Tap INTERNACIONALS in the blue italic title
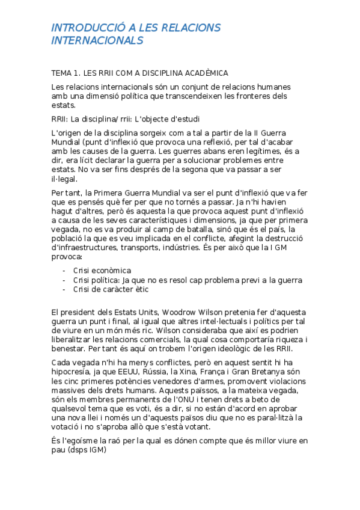[x=97, y=40]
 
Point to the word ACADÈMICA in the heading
[x=203, y=73]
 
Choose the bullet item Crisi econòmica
[x=102, y=271]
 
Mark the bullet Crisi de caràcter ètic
[x=111, y=289]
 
